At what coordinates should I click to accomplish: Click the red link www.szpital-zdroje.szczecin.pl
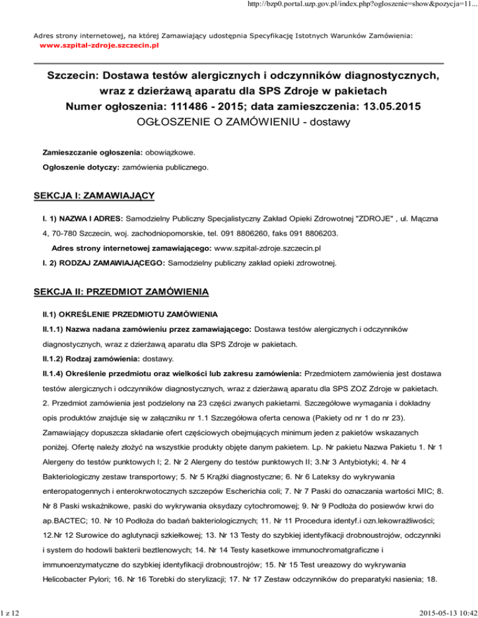click(x=99, y=46)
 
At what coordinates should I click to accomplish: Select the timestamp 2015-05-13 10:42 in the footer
click(x=438, y=610)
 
